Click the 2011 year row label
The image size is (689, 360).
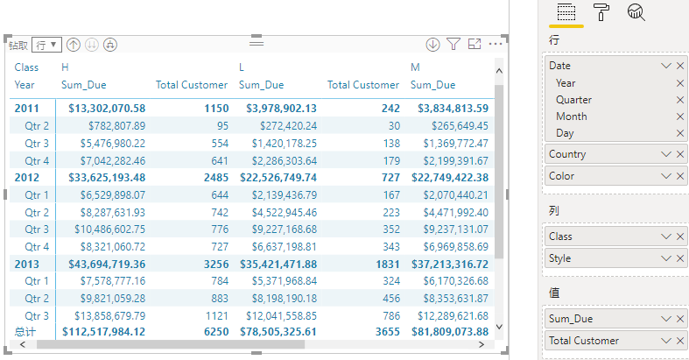tap(26, 109)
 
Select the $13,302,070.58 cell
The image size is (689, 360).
tap(106, 109)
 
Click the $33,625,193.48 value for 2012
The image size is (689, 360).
tap(106, 178)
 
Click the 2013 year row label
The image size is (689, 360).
tap(26, 264)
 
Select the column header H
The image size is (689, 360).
tap(65, 67)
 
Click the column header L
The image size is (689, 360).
tap(243, 67)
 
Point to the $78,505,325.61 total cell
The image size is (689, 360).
tap(278, 332)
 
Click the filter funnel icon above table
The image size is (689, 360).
tap(453, 44)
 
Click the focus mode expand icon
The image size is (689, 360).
tap(475, 44)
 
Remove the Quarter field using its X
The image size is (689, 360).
tap(680, 100)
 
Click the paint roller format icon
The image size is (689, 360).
tap(602, 12)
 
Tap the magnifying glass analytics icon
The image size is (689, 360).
tap(636, 12)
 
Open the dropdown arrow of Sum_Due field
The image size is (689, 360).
tap(666, 319)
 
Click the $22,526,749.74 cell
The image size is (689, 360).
tap(278, 178)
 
